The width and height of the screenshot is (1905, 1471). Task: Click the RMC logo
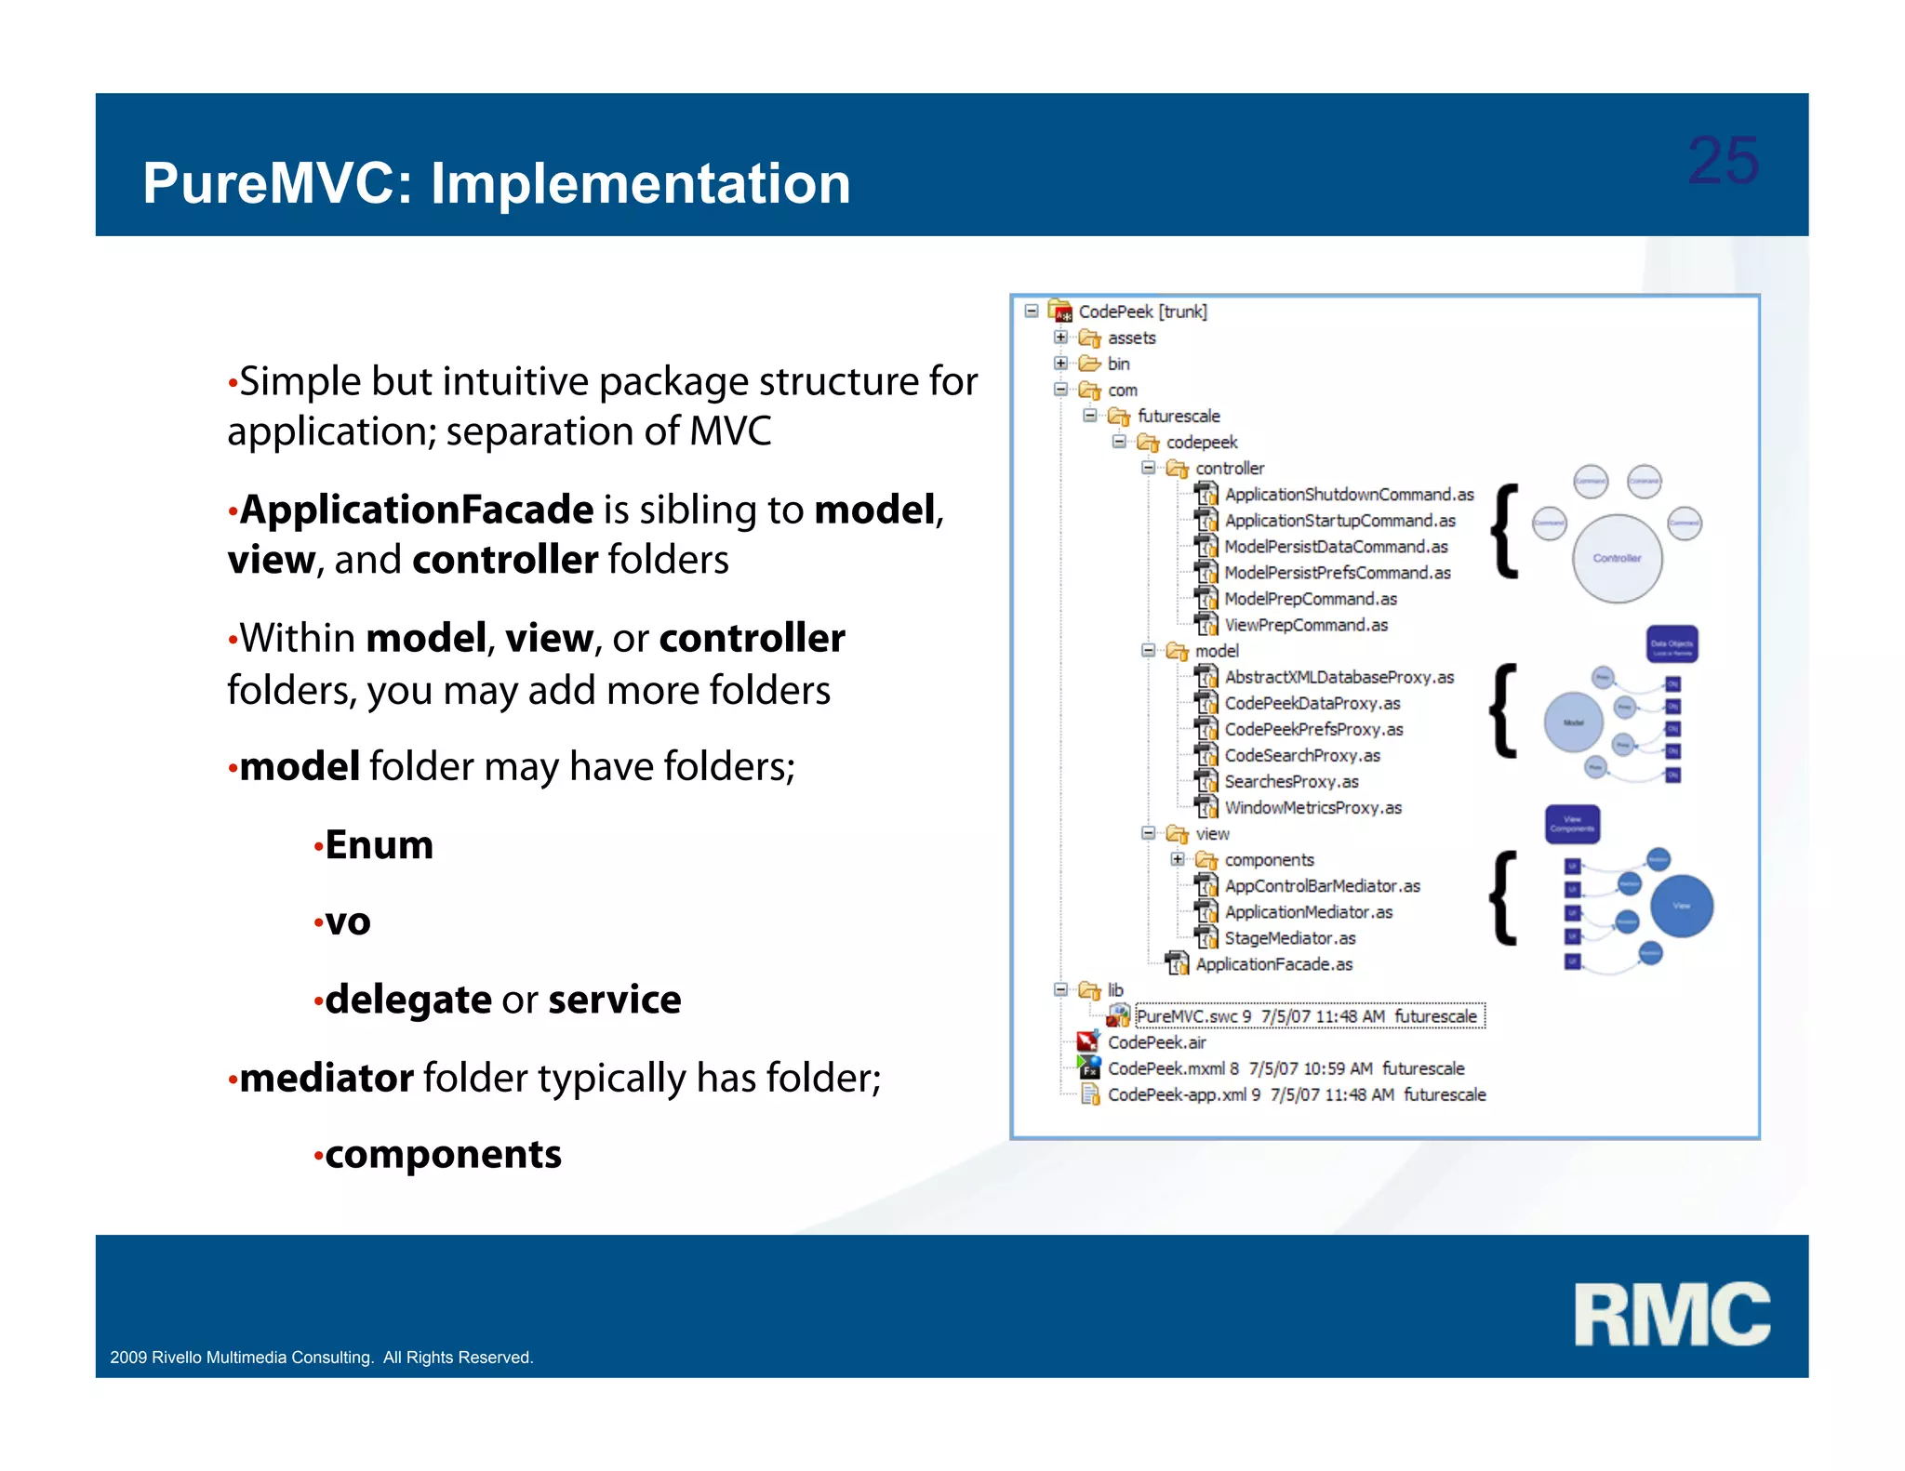click(1672, 1314)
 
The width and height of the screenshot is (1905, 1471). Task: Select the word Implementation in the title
click(640, 183)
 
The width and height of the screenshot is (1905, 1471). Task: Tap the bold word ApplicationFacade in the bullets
click(416, 510)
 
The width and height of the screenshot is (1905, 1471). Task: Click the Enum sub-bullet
click(379, 845)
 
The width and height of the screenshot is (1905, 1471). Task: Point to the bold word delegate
click(407, 1000)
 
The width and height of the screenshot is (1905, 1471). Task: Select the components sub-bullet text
click(443, 1155)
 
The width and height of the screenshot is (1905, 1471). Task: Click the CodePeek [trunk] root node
click(1141, 311)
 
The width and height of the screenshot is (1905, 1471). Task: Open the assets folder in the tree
click(1131, 338)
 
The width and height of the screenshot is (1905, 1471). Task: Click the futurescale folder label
click(1178, 416)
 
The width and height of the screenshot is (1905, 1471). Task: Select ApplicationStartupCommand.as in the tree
click(1339, 521)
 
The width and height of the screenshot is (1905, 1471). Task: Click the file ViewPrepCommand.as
click(1305, 625)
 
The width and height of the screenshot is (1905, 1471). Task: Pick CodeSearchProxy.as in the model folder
click(1301, 756)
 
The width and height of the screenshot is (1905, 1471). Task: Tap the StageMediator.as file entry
click(1289, 938)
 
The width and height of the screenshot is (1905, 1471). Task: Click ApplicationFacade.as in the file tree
click(1273, 964)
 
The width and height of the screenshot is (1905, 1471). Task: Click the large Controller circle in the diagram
click(1617, 558)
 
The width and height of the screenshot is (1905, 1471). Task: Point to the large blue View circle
click(1681, 906)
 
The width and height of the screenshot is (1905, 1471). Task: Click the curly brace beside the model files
click(1503, 711)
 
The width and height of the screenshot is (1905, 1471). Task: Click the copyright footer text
click(321, 1358)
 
